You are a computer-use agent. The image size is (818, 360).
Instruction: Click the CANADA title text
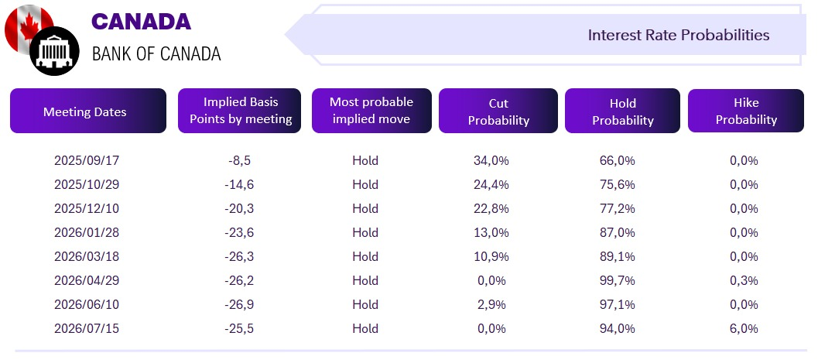click(x=142, y=22)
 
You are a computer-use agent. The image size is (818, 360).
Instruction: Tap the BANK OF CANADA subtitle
click(x=156, y=53)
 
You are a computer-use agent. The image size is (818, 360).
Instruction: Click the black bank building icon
click(x=54, y=51)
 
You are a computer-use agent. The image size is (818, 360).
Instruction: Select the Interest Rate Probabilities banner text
click(x=679, y=35)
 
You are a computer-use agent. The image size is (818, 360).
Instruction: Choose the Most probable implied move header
click(x=371, y=111)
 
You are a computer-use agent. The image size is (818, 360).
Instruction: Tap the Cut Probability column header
click(x=498, y=111)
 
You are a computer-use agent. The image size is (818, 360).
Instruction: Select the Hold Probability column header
click(x=622, y=111)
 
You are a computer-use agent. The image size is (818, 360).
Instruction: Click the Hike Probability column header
click(x=746, y=111)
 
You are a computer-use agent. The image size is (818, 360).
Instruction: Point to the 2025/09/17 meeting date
click(x=87, y=161)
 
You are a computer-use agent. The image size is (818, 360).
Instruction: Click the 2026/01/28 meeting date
click(x=87, y=233)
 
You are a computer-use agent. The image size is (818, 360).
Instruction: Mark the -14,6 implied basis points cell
click(x=239, y=185)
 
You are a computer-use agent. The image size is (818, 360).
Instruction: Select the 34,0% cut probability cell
click(x=491, y=161)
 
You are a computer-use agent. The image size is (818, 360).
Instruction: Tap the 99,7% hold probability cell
click(x=618, y=281)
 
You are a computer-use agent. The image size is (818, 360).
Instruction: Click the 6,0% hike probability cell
click(x=744, y=329)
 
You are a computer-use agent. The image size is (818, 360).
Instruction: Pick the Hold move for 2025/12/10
click(x=365, y=209)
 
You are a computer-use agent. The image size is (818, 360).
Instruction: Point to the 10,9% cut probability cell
click(x=491, y=257)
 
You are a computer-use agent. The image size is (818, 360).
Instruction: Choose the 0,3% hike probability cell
click(x=744, y=281)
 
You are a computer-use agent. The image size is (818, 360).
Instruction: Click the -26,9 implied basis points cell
click(x=239, y=305)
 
